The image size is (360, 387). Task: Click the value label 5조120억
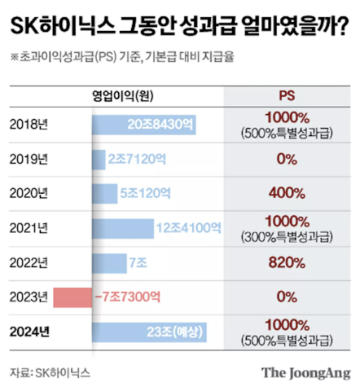[145, 194]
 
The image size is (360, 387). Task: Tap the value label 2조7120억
[136, 159]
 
